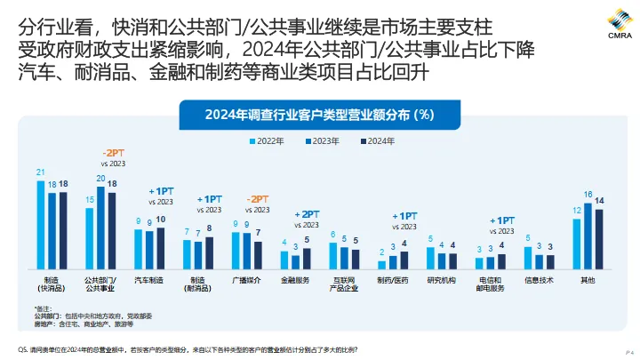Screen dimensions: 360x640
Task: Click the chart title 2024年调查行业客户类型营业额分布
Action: coord(319,114)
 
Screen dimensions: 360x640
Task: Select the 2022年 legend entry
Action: coord(267,141)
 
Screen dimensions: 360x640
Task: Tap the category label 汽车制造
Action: coord(148,280)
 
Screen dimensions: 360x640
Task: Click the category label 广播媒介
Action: coord(245,280)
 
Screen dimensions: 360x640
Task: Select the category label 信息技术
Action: coord(539,280)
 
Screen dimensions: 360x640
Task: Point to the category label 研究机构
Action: coord(441,280)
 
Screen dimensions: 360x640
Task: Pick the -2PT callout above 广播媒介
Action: coord(258,198)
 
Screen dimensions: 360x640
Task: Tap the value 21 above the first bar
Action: coord(40,172)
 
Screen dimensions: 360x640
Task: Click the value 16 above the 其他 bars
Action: coord(588,194)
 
